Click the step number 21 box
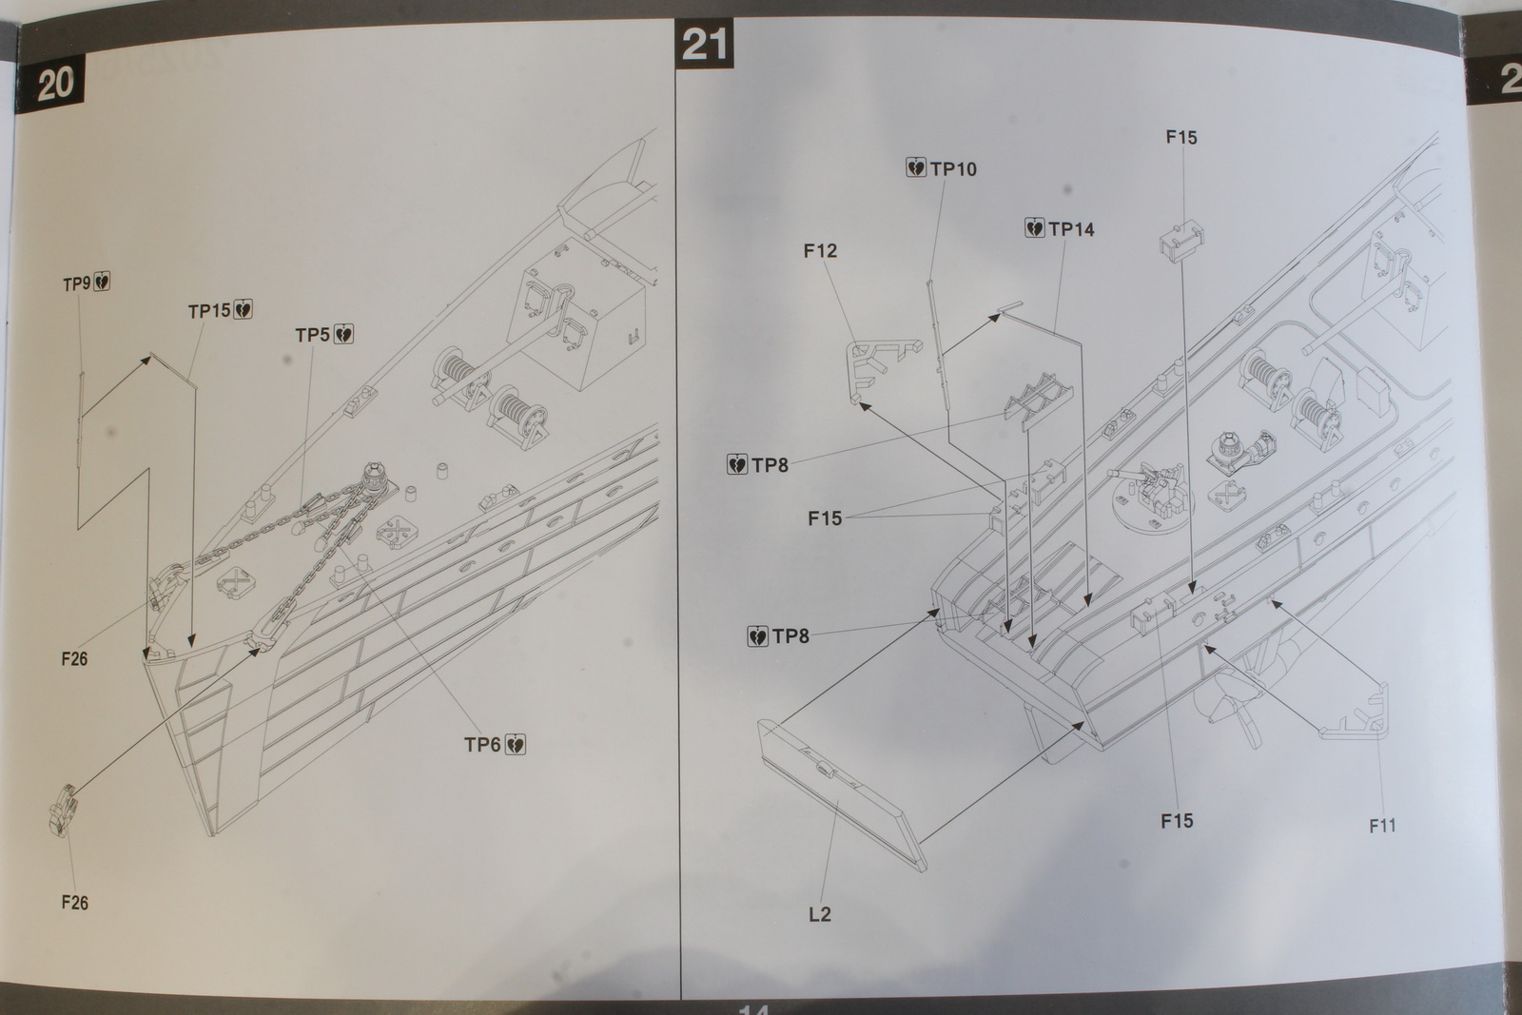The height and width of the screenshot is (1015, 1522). point(705,45)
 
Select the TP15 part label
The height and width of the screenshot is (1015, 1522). point(209,311)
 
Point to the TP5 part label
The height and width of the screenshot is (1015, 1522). point(312,335)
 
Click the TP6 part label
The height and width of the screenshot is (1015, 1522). point(482,744)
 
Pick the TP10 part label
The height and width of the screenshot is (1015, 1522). point(953,169)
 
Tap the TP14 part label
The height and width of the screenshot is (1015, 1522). point(1071,229)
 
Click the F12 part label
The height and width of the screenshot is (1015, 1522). point(820,251)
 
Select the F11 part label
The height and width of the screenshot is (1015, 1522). point(1382,826)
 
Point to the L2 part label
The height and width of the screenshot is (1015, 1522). point(819,914)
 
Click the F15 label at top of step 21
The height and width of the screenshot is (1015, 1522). point(1181,137)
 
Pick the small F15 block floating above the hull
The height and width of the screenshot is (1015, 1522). point(1180,238)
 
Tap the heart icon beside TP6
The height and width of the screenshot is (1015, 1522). point(517,744)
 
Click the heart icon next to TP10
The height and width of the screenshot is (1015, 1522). point(916,168)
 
